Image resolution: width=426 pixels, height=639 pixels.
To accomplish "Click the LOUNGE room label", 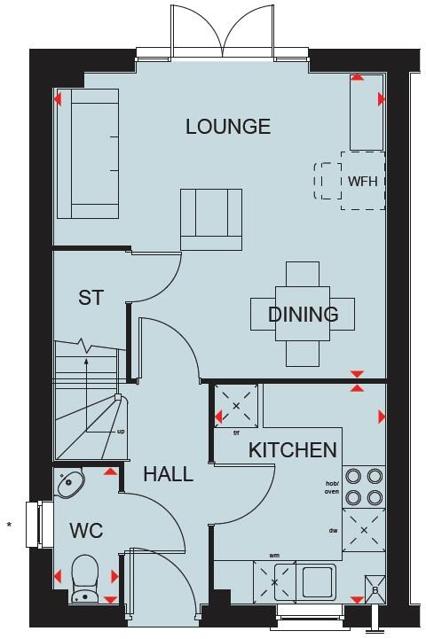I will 228,127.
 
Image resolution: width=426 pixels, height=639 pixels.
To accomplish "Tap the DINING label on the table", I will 304,314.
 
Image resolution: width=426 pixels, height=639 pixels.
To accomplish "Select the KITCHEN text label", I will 292,450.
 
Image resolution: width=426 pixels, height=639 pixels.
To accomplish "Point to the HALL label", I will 168,474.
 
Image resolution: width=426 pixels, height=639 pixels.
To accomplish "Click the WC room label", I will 86,531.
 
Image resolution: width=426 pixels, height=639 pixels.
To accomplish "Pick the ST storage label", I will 91,298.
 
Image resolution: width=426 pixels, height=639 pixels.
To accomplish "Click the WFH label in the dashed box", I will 363,181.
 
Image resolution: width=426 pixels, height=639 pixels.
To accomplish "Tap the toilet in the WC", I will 85,575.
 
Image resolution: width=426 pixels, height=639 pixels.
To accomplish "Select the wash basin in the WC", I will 71,483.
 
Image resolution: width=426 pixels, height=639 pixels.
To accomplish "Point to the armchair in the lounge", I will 211,220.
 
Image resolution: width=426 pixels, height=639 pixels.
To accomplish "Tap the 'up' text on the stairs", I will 121,432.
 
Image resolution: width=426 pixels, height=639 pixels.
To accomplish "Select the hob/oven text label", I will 333,487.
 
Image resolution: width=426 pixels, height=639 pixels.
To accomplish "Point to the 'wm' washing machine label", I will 263,557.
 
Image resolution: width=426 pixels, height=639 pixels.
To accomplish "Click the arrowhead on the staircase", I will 86,361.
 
